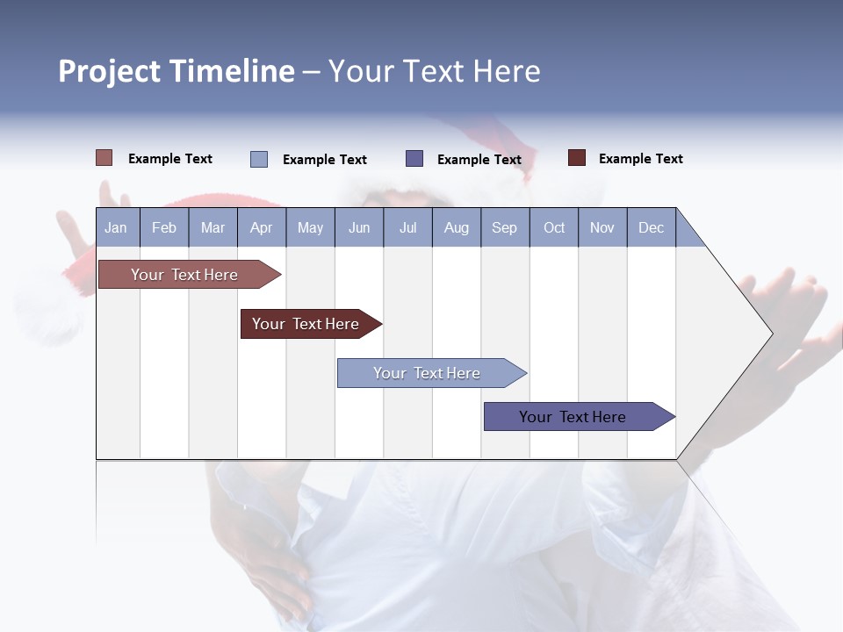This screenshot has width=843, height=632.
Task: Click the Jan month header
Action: pyautogui.click(x=116, y=227)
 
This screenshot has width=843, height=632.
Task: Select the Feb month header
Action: pyautogui.click(x=164, y=227)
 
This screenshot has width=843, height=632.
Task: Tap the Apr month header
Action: pyautogui.click(x=262, y=227)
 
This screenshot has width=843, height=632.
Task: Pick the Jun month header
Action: pyautogui.click(x=359, y=227)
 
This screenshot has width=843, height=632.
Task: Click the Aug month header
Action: pyautogui.click(x=457, y=227)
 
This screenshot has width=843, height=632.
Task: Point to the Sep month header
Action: pyautogui.click(x=505, y=227)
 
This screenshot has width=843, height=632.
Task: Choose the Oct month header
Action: pyautogui.click(x=554, y=227)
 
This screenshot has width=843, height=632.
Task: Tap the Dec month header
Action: pyautogui.click(x=652, y=227)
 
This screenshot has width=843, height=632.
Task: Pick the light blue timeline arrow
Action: pyautogui.click(x=429, y=373)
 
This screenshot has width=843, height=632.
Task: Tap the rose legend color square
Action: pyautogui.click(x=104, y=158)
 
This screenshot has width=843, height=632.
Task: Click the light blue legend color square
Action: pyautogui.click(x=259, y=159)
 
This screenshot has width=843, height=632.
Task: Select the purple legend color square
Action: pyautogui.click(x=414, y=159)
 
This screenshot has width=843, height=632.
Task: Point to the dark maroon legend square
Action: pyautogui.click(x=577, y=158)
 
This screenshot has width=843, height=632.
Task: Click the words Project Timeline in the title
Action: pyautogui.click(x=177, y=71)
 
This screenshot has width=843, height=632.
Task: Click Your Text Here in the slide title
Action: pyautogui.click(x=435, y=71)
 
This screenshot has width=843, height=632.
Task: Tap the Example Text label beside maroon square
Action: pyautogui.click(x=641, y=159)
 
